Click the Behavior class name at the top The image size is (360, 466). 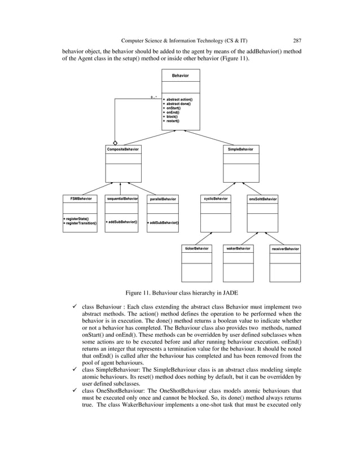point(180,74)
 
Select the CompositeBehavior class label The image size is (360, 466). point(123,149)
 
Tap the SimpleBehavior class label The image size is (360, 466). point(240,149)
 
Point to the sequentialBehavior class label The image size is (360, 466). point(122,199)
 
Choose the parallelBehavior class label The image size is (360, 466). point(163,199)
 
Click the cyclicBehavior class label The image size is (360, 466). point(216,199)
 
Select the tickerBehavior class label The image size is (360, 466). point(197,248)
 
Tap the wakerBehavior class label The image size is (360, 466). point(239,248)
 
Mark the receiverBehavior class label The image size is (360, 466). point(285,249)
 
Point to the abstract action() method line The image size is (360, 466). point(178,100)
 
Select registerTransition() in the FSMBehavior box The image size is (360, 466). point(80,223)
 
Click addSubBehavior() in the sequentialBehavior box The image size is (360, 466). point(122,222)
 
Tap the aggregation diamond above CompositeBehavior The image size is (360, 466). point(115,143)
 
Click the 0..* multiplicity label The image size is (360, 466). point(153,97)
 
